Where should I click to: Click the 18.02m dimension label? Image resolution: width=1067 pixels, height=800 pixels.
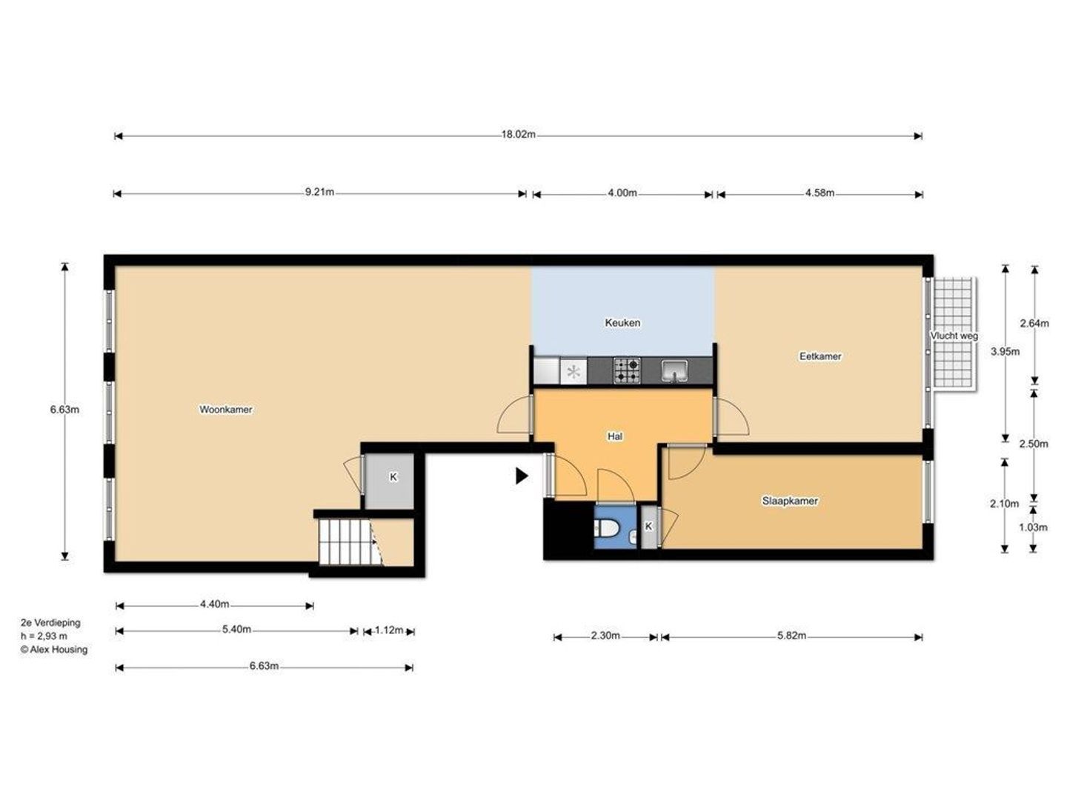tap(518, 135)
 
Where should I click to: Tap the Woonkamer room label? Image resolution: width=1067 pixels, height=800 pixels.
tap(226, 410)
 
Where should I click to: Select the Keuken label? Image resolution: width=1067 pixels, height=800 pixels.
tap(622, 322)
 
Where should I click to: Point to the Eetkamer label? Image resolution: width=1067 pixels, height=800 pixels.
tap(820, 356)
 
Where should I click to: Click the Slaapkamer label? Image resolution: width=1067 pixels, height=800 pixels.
tap(790, 501)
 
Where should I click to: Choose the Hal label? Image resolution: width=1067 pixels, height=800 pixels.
tap(615, 436)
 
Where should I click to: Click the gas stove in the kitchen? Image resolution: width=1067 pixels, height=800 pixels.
tap(627, 370)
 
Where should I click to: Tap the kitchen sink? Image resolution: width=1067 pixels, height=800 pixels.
tap(675, 371)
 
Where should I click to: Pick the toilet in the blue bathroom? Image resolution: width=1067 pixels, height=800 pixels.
tap(605, 528)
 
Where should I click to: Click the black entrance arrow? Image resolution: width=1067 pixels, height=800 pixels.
tap(522, 476)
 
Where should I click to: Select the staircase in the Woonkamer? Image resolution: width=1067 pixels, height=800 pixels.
tap(350, 541)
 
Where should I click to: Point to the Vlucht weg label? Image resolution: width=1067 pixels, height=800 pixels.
tap(954, 336)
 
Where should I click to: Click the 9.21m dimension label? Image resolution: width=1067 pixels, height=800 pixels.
tap(319, 192)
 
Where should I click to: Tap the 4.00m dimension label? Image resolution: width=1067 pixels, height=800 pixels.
tap(622, 193)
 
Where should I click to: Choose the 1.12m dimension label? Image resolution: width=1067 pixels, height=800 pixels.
tap(389, 630)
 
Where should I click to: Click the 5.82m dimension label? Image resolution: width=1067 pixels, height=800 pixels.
tap(791, 636)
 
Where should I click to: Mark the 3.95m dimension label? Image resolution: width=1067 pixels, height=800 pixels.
tap(1005, 352)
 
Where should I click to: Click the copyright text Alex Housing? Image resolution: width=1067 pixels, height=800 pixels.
tap(54, 650)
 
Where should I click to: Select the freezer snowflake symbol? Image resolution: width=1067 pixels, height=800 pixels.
tap(574, 372)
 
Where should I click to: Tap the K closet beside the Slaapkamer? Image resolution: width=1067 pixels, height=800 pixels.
tap(648, 527)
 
